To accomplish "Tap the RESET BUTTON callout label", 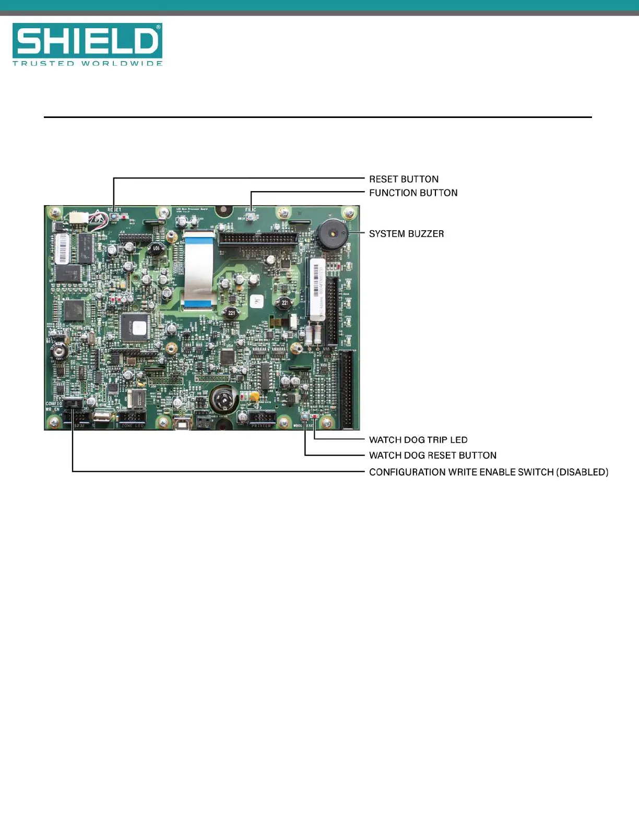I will [x=404, y=179].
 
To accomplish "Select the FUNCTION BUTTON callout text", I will [x=413, y=193].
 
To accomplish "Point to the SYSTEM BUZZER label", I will [x=406, y=234].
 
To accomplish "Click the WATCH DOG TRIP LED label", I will [x=418, y=440].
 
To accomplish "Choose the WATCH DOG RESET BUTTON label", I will [x=432, y=455].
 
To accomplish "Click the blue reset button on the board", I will [x=114, y=215].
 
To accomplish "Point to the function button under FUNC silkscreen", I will [x=251, y=217].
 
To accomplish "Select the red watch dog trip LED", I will [x=314, y=416].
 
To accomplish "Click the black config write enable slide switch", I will [x=74, y=404].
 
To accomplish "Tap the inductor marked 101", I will [x=156, y=249].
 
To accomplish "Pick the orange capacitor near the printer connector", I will [x=254, y=397].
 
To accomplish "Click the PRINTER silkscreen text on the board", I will [x=261, y=426].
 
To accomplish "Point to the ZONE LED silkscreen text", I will [x=132, y=426].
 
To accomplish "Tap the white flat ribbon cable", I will [x=198, y=269].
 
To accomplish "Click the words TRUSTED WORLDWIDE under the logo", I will [x=87, y=63].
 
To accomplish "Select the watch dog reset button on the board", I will [x=305, y=416].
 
